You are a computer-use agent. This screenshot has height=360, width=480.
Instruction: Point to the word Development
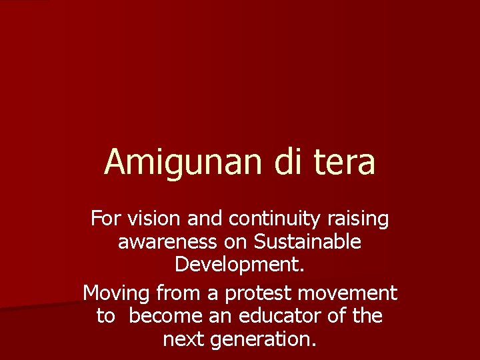pyautogui.click(x=239, y=265)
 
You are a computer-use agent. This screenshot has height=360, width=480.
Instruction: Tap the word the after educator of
pyautogui.click(x=367, y=316)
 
